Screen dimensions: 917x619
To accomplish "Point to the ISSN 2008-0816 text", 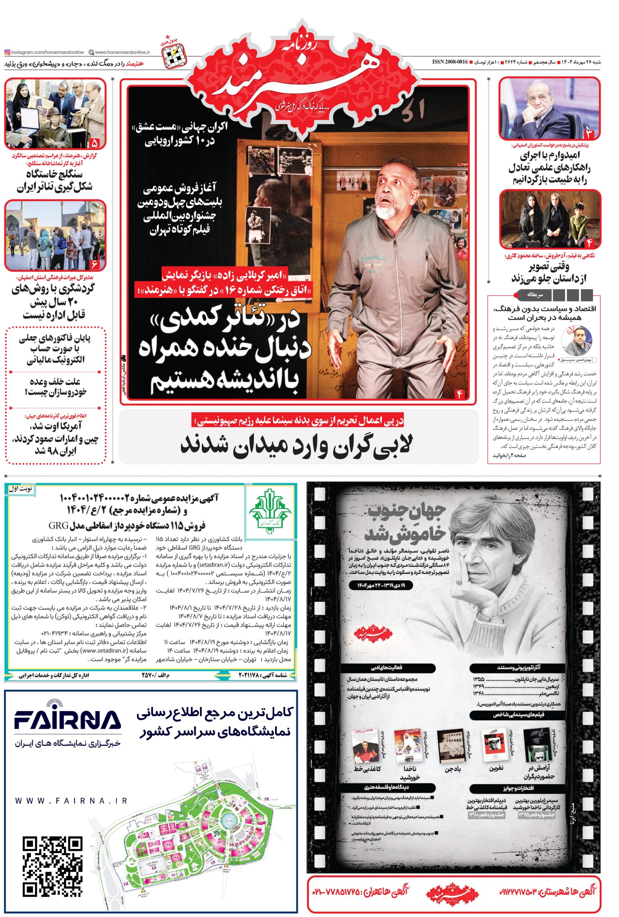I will tap(450, 62).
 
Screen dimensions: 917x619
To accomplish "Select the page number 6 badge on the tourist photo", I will tap(95, 263).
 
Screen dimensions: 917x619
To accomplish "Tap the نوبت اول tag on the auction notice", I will tap(20, 489).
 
